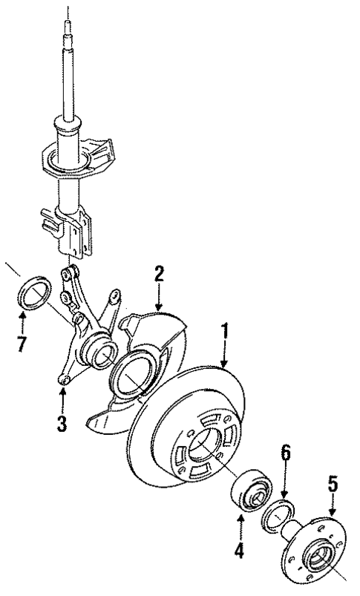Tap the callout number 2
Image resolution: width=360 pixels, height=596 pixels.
click(x=158, y=273)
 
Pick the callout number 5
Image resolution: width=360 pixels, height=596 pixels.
click(x=333, y=487)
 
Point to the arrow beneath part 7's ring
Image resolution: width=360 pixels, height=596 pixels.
click(x=22, y=324)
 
